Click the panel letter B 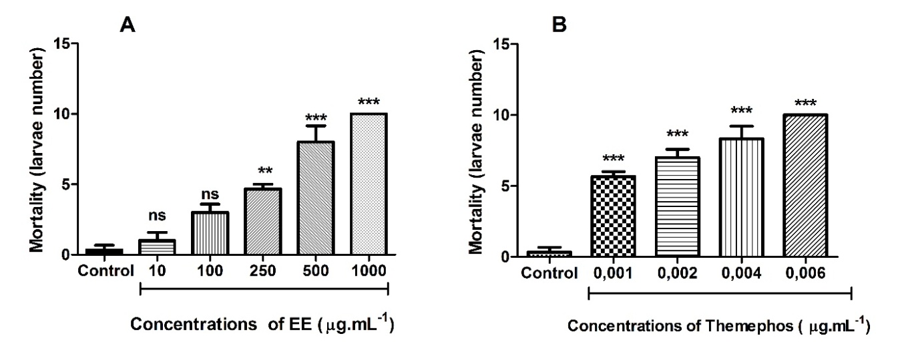coord(558,26)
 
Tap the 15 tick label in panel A coord(63,44)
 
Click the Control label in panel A coord(100,271)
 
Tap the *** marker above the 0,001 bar coord(610,158)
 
